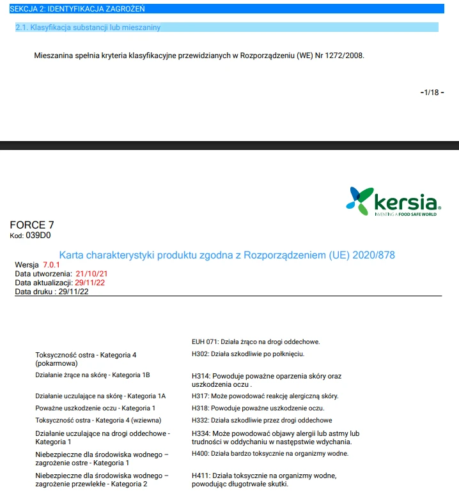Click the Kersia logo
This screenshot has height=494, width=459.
tap(393, 201)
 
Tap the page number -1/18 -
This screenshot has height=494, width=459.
tap(431, 93)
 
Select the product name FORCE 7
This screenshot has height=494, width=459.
tap(32, 225)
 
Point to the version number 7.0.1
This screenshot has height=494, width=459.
tap(51, 264)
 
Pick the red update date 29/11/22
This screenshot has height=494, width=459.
tap(89, 282)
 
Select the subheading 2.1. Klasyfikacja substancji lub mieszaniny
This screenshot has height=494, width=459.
tap(88, 27)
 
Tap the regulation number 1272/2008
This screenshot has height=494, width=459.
tap(345, 56)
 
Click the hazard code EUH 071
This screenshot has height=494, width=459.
tap(205, 341)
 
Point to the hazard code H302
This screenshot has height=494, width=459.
tap(200, 354)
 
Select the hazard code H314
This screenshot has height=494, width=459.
tap(200, 377)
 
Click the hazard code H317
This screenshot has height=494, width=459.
tap(200, 396)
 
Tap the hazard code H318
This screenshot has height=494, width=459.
tap(200, 408)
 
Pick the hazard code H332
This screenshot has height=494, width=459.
tap(200, 420)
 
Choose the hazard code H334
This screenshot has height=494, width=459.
tap(200, 433)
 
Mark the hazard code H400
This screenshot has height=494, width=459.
tap(200, 453)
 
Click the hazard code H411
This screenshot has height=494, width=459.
tap(200, 475)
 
